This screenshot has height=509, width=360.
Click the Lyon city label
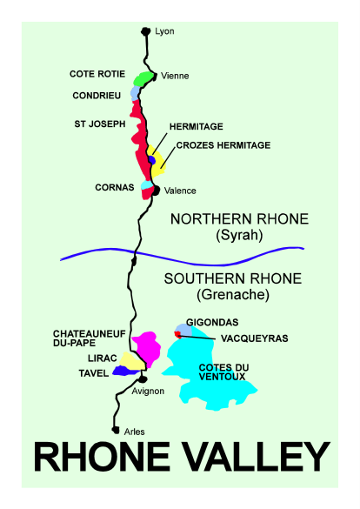tap(164, 31)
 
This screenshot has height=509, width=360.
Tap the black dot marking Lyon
tap(146, 32)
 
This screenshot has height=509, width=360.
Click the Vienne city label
tap(175, 76)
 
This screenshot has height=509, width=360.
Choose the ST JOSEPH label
tap(97, 124)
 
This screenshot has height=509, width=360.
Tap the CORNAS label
tap(114, 187)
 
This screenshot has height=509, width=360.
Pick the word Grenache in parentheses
tap(233, 296)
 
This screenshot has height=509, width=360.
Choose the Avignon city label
tap(148, 392)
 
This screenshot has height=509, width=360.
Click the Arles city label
tap(134, 432)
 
